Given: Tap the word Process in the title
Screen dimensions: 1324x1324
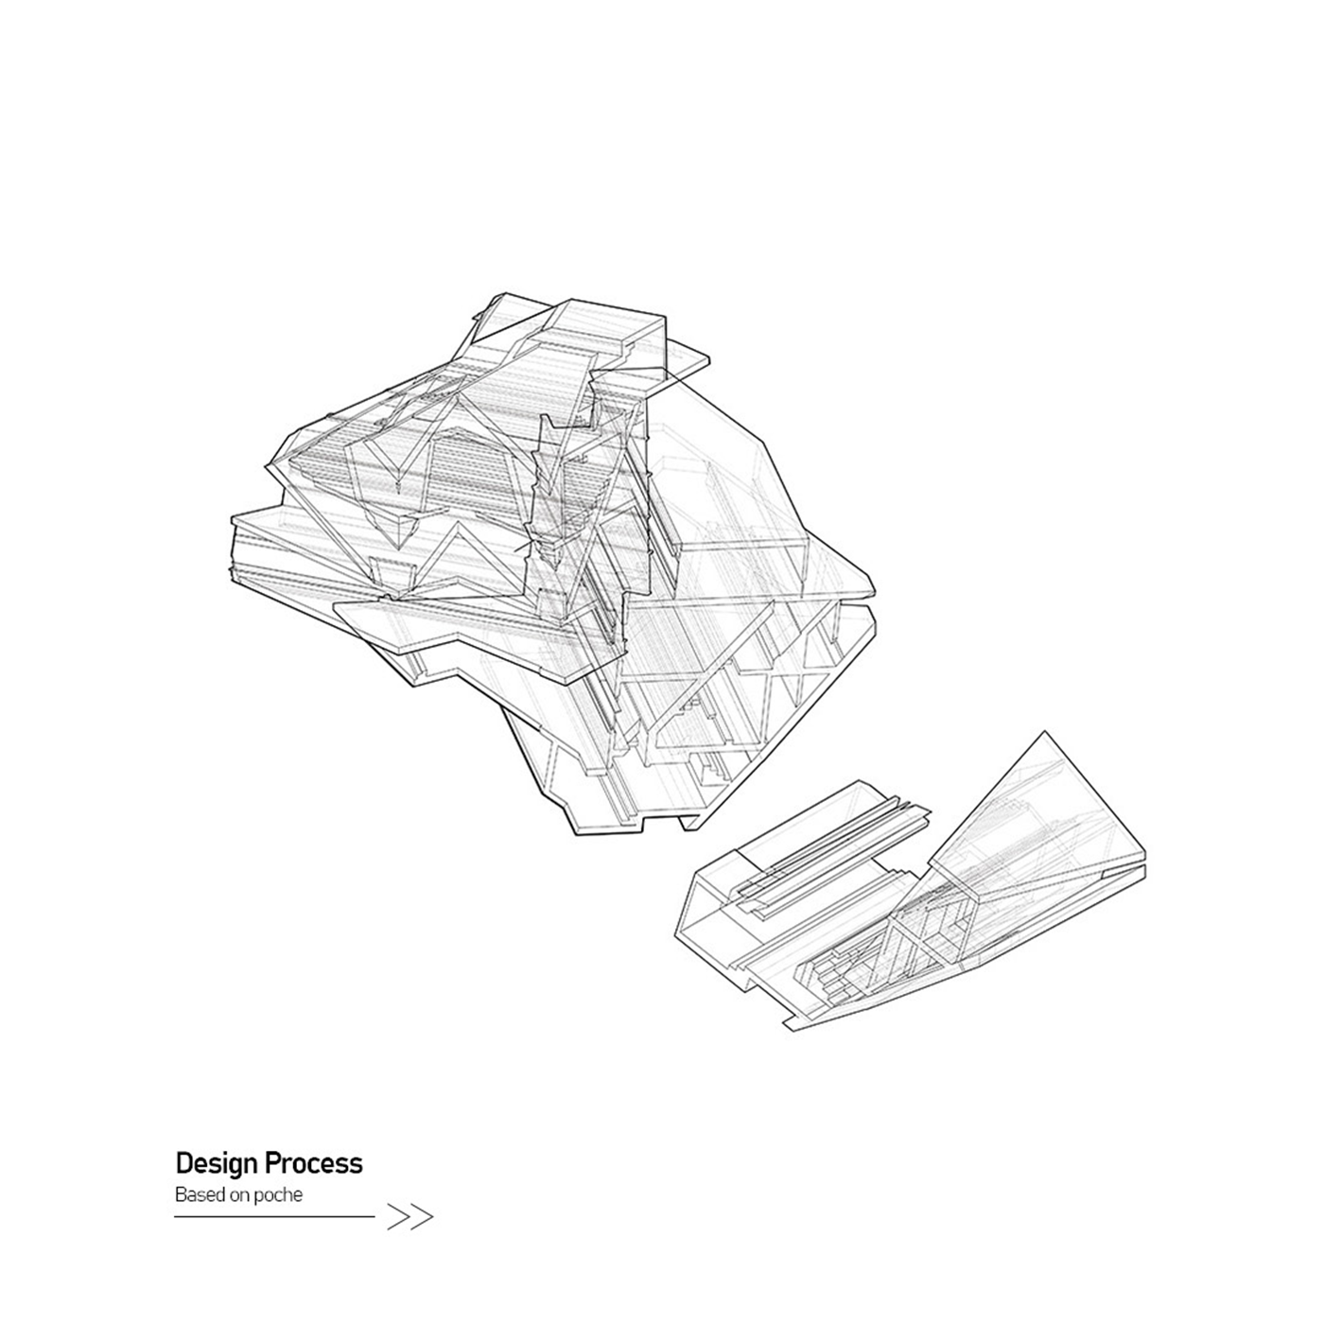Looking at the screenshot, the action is click(x=314, y=1163).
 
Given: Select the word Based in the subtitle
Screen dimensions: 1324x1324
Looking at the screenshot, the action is click(x=197, y=1194).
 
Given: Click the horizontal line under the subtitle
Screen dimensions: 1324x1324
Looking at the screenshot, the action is click(x=275, y=1217).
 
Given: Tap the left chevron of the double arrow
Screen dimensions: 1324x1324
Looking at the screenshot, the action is click(x=399, y=1217).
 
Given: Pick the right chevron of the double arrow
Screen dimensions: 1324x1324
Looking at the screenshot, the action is click(x=421, y=1217).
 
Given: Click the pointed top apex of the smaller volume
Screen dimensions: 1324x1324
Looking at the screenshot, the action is click(x=1045, y=731).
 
